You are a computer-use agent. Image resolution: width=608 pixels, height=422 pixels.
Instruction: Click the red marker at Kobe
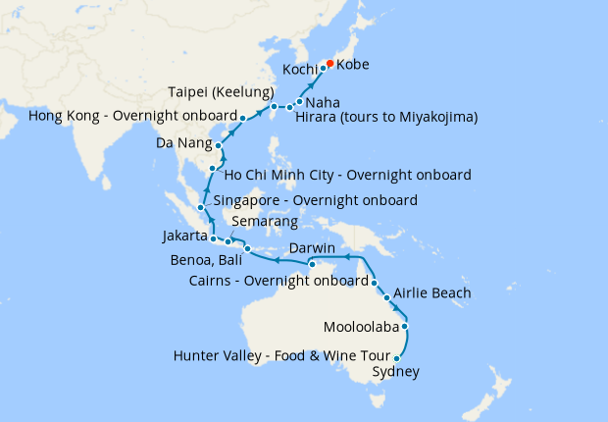point(329,65)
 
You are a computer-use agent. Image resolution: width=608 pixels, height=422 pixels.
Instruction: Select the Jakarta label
point(183,237)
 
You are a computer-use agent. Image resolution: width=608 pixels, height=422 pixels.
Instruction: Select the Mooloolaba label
point(359,326)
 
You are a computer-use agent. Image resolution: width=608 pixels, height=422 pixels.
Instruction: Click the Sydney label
point(396,372)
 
